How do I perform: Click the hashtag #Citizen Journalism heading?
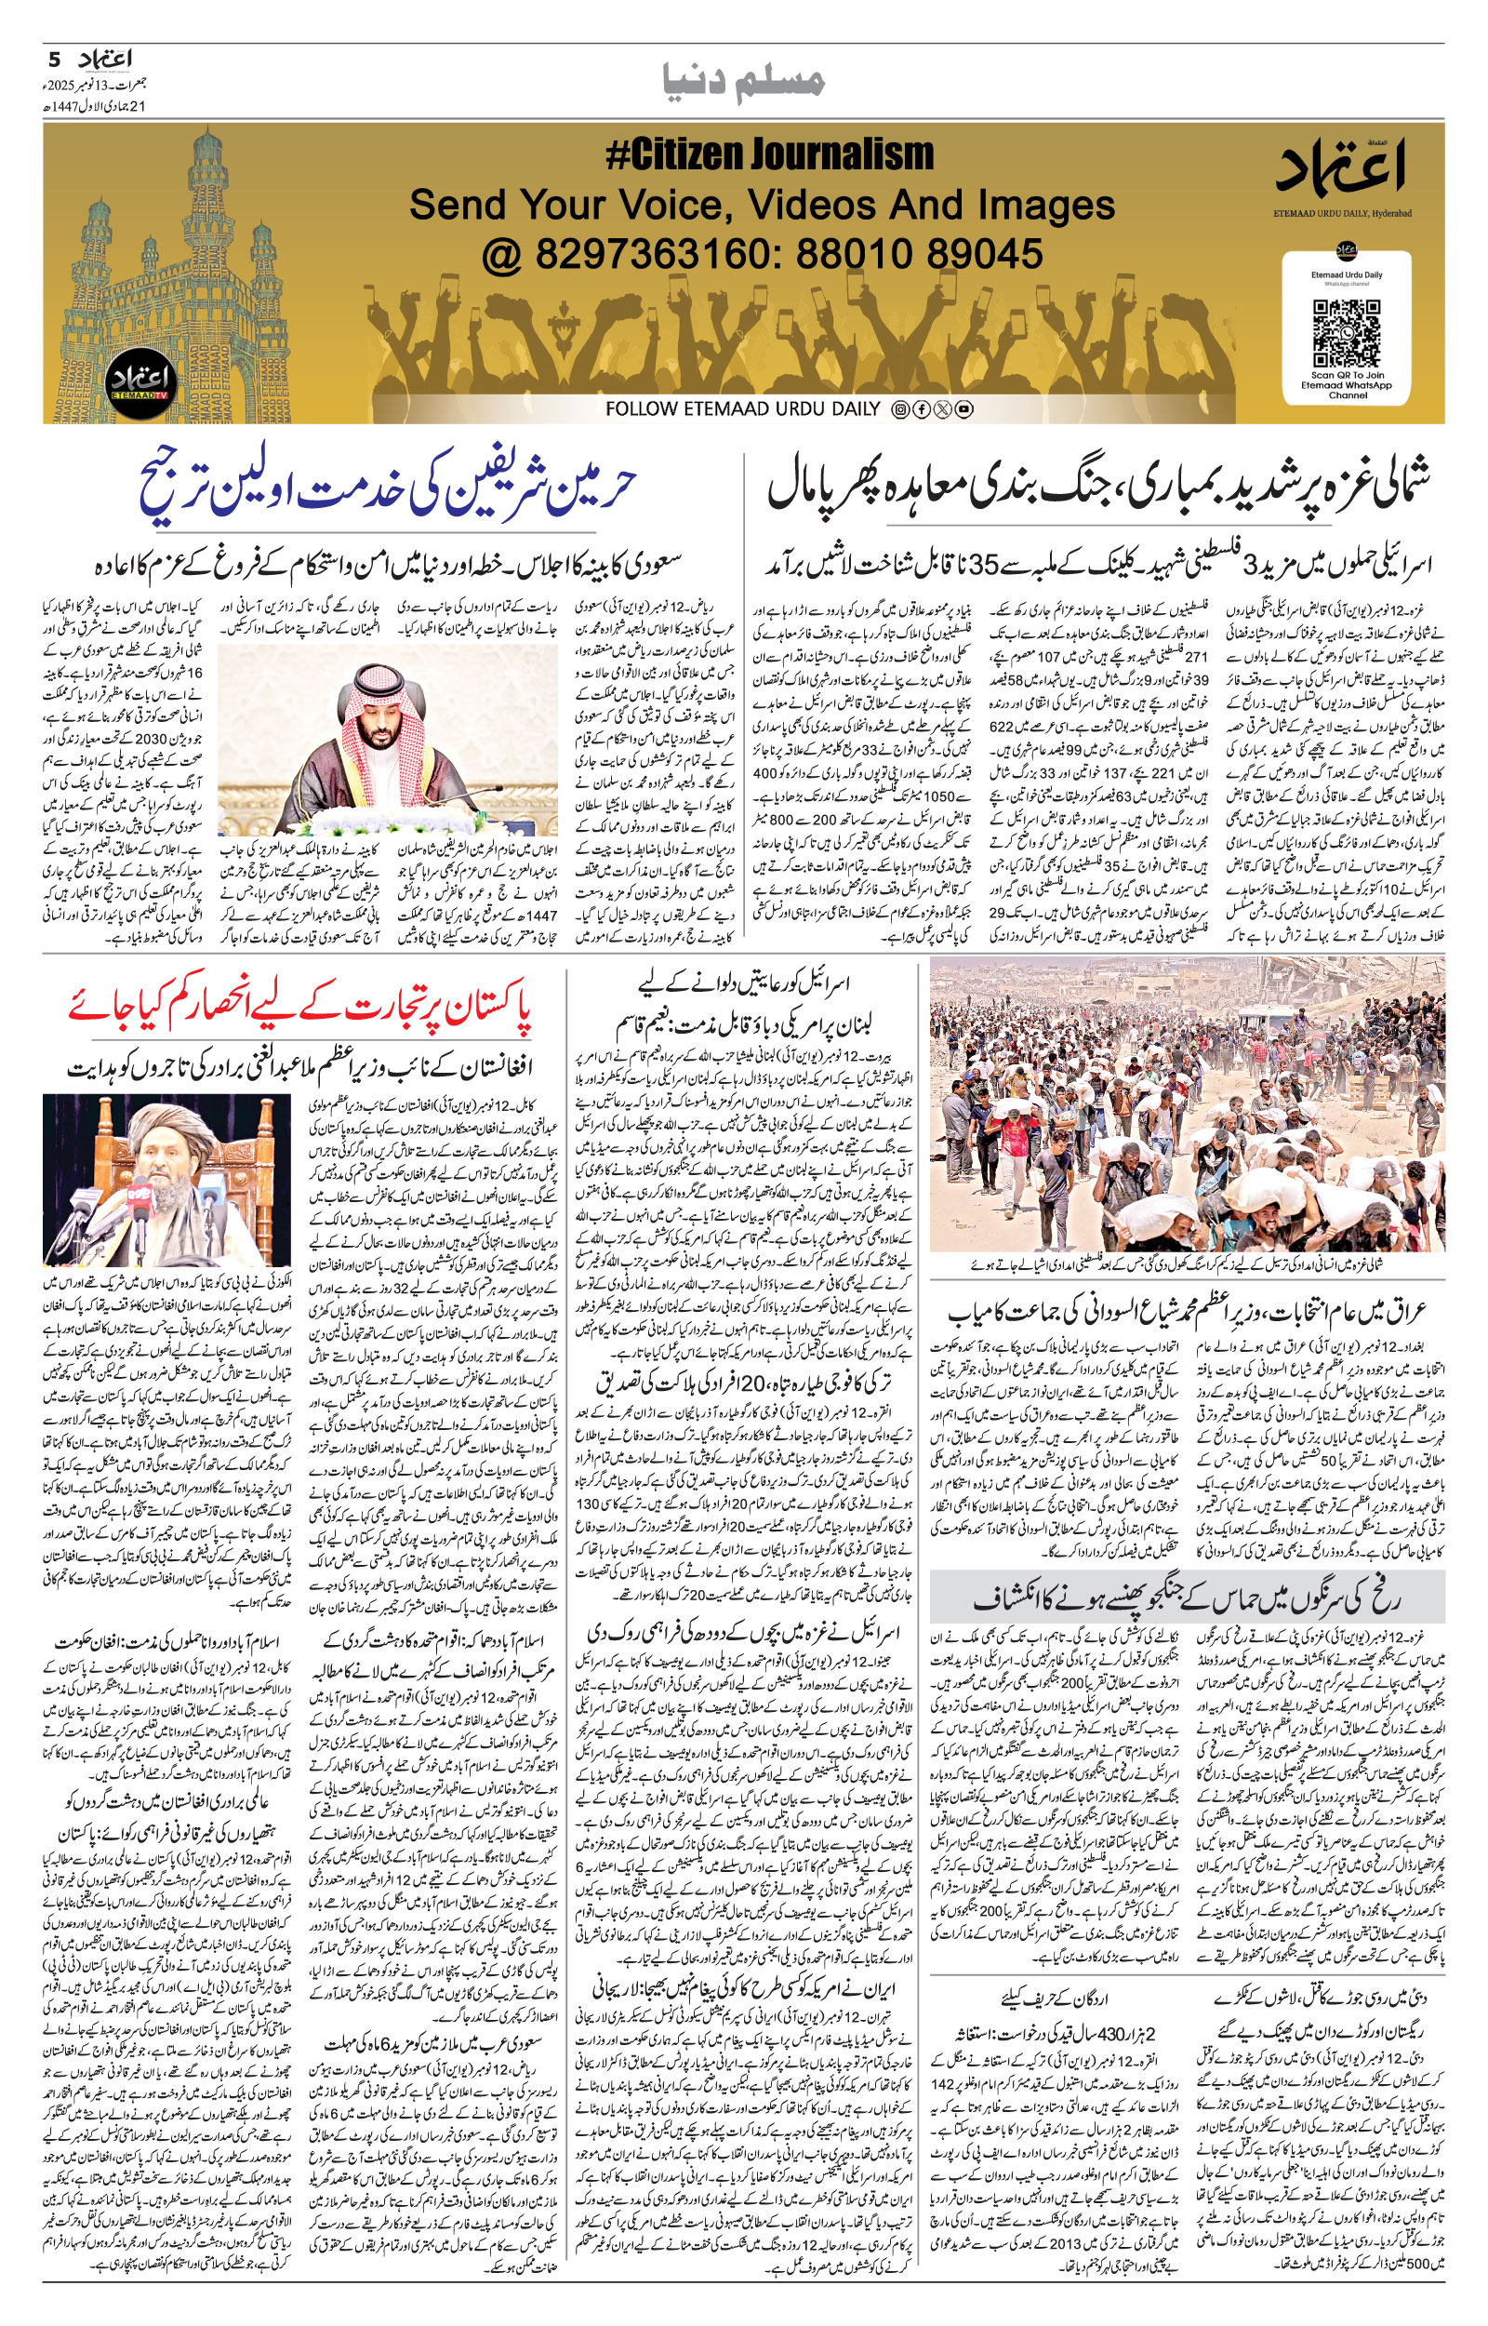[x=769, y=154]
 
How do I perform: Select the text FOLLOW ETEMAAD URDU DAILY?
[x=742, y=408]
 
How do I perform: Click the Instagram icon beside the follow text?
[x=899, y=409]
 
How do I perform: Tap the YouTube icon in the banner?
[x=963, y=409]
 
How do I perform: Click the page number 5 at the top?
[x=55, y=60]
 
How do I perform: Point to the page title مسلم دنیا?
[x=744, y=81]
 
